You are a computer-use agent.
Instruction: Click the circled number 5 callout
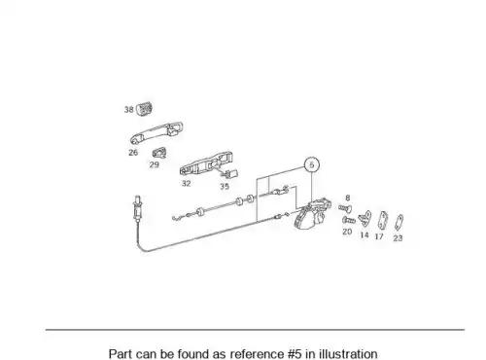(311, 165)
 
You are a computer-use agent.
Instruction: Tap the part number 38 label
(129, 110)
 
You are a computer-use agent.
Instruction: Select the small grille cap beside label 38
(144, 108)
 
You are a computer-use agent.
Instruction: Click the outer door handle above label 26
(156, 132)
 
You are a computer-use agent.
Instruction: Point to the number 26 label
(133, 153)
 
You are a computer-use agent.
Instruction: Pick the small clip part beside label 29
(159, 153)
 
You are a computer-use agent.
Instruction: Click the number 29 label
(155, 164)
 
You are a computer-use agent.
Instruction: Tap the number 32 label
(186, 184)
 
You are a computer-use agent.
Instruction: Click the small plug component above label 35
(230, 174)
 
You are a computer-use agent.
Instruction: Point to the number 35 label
(225, 187)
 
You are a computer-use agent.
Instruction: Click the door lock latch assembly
(312, 214)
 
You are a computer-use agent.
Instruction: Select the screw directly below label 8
(345, 208)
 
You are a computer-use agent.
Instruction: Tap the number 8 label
(348, 198)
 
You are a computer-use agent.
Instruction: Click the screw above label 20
(349, 220)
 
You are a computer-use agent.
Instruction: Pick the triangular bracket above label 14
(364, 219)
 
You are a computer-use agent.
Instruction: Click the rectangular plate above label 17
(383, 220)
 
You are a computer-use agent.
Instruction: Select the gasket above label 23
(399, 223)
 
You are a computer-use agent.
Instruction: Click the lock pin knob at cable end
(138, 208)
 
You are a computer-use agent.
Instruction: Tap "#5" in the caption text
(295, 354)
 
